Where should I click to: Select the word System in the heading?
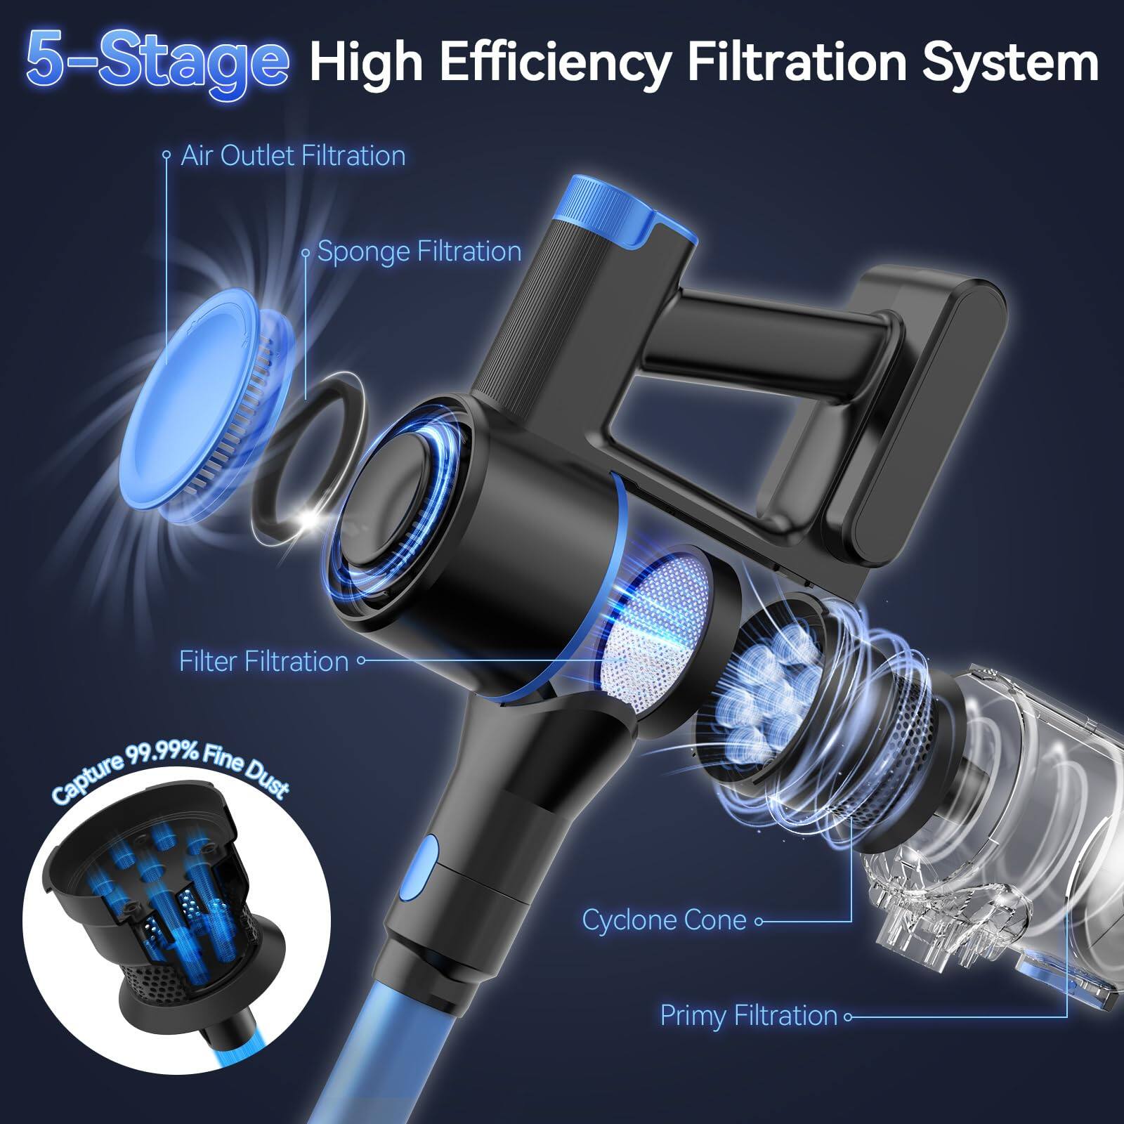point(1011,63)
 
